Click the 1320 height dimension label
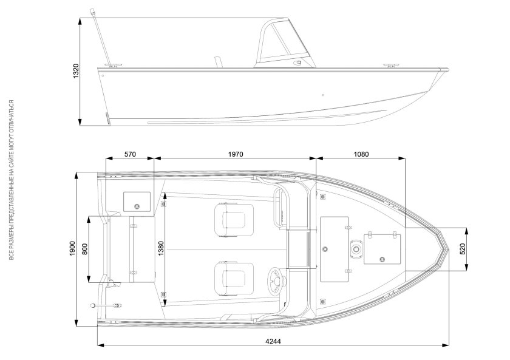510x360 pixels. [x=76, y=71]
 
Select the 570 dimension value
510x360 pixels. [x=129, y=154]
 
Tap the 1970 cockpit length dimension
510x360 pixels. [x=236, y=154]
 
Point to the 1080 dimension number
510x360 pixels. [x=361, y=154]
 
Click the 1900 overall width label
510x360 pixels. [x=72, y=249]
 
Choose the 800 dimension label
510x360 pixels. [x=85, y=249]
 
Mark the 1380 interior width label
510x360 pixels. [x=161, y=250]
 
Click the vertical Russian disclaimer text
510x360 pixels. [x=11, y=180]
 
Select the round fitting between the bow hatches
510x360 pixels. [x=355, y=249]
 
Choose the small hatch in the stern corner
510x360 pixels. [x=137, y=200]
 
